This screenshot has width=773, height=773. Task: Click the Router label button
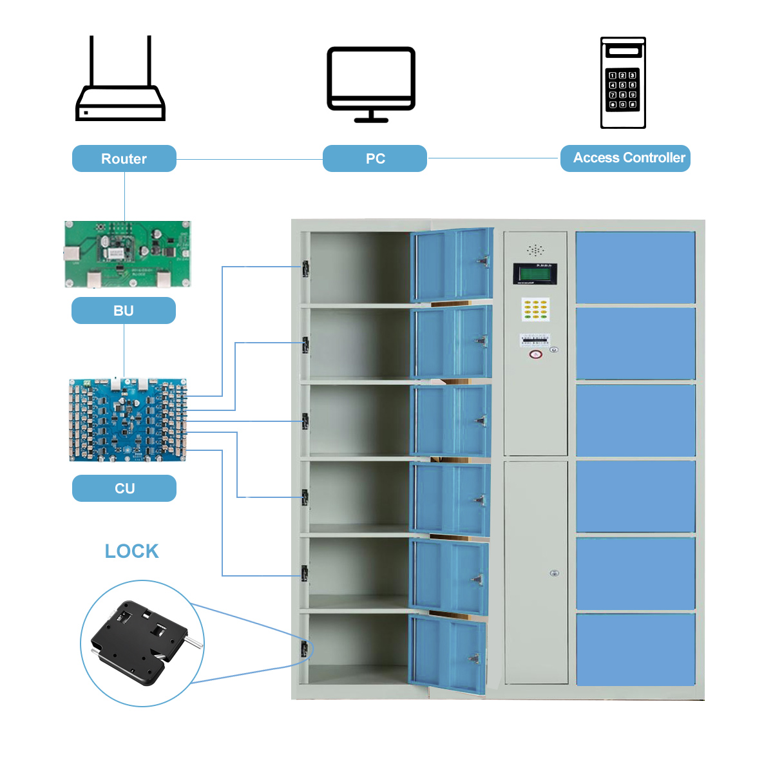(124, 158)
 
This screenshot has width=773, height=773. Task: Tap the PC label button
(375, 158)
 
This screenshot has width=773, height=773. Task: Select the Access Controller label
(625, 158)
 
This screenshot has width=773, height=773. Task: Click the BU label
(123, 310)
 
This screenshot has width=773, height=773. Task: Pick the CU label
(124, 488)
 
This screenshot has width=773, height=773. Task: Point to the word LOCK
(131, 551)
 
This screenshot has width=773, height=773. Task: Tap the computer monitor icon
(371, 84)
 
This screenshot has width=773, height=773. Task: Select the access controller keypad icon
(623, 83)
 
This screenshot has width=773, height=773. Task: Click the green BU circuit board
(128, 254)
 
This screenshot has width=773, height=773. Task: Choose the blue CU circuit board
(128, 420)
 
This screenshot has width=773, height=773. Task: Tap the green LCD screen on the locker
(535, 274)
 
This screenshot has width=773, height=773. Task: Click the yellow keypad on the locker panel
(535, 309)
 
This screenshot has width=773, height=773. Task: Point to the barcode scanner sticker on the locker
(535, 339)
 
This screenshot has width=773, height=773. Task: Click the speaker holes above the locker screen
(535, 250)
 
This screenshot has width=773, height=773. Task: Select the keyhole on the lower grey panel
(554, 573)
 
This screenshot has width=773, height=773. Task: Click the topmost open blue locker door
(452, 264)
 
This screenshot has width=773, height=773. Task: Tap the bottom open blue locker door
(448, 654)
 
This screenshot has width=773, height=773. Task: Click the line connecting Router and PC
(249, 159)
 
